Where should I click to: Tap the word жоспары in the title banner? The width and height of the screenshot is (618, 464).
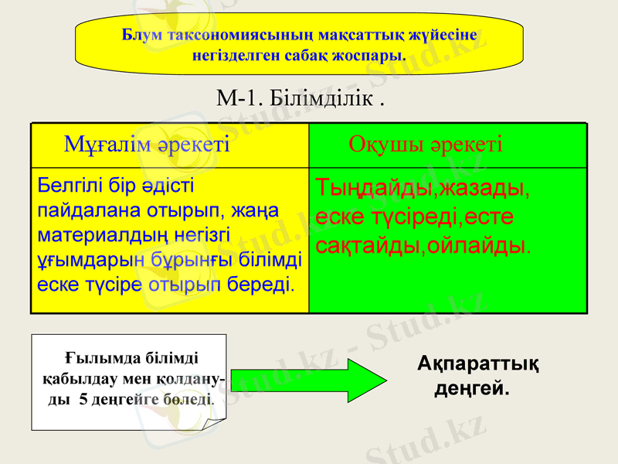pyautogui.click(x=378, y=55)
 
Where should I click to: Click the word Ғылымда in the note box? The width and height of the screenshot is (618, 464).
pyautogui.click(x=90, y=358)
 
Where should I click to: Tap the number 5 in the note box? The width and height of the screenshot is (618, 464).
pyautogui.click(x=83, y=401)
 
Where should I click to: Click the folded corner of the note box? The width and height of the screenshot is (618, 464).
pyautogui.click(x=219, y=423)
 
